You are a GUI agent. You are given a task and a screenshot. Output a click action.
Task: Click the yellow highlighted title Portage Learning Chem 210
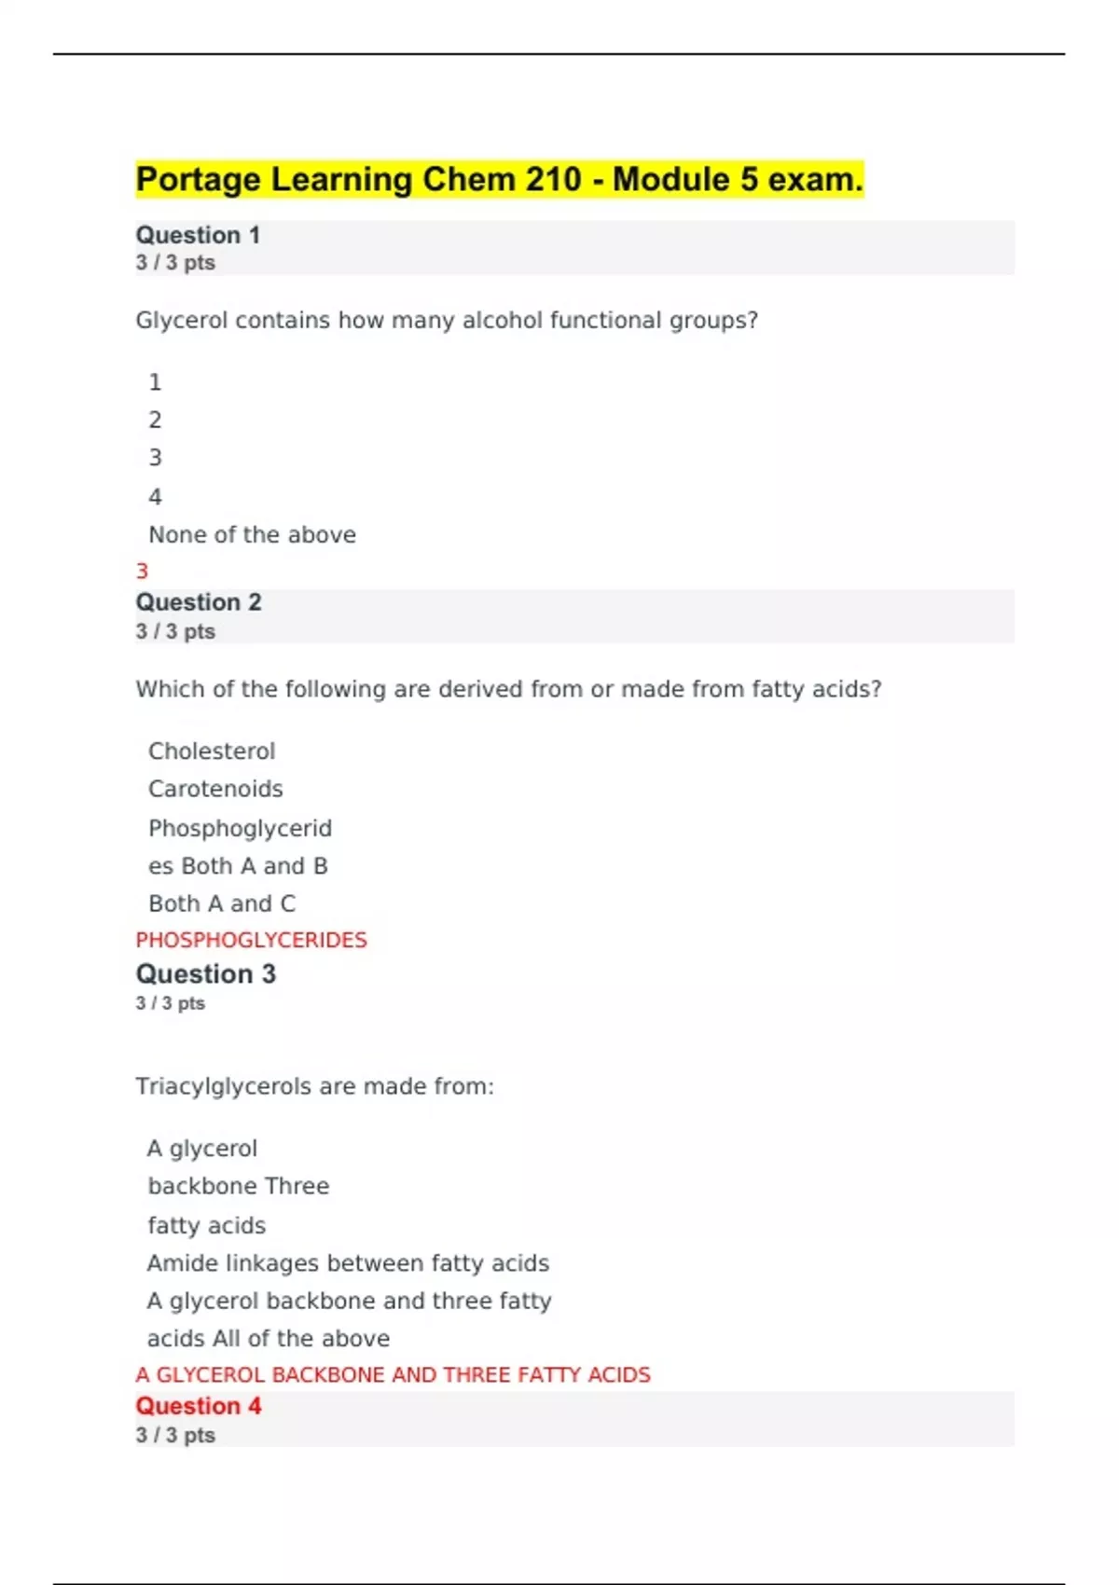pos(499,179)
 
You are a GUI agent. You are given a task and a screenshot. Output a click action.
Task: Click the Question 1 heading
pos(198,235)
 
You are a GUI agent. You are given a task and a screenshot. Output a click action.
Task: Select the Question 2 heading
pos(199,602)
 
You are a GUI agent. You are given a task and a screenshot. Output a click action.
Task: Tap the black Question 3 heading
pos(206,974)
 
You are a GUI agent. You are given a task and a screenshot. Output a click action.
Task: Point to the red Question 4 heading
pos(199,1406)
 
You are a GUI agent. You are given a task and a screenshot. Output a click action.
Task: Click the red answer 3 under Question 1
pos(142,572)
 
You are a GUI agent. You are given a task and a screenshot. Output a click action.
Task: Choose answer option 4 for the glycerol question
pos(155,497)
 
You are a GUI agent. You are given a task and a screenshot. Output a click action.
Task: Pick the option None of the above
pos(252,535)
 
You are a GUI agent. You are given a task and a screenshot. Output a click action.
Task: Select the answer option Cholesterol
pos(212,751)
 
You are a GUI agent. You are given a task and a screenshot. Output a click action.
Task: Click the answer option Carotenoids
pos(215,789)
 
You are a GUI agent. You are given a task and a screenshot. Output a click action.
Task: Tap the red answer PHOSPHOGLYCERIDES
pos(251,940)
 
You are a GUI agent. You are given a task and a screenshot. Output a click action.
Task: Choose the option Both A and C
pos(222,903)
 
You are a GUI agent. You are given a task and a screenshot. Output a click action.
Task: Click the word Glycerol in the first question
pos(181,321)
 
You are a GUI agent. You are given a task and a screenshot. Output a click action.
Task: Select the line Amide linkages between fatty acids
pos(348,1263)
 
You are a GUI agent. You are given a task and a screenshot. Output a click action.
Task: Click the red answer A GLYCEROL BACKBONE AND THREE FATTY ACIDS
pos(393,1375)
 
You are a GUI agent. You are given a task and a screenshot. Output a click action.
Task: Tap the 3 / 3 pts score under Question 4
pos(175,1436)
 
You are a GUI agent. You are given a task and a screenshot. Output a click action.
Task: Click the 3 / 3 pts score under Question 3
pos(171,1004)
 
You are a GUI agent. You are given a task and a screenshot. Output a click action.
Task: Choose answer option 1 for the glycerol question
pos(155,382)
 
